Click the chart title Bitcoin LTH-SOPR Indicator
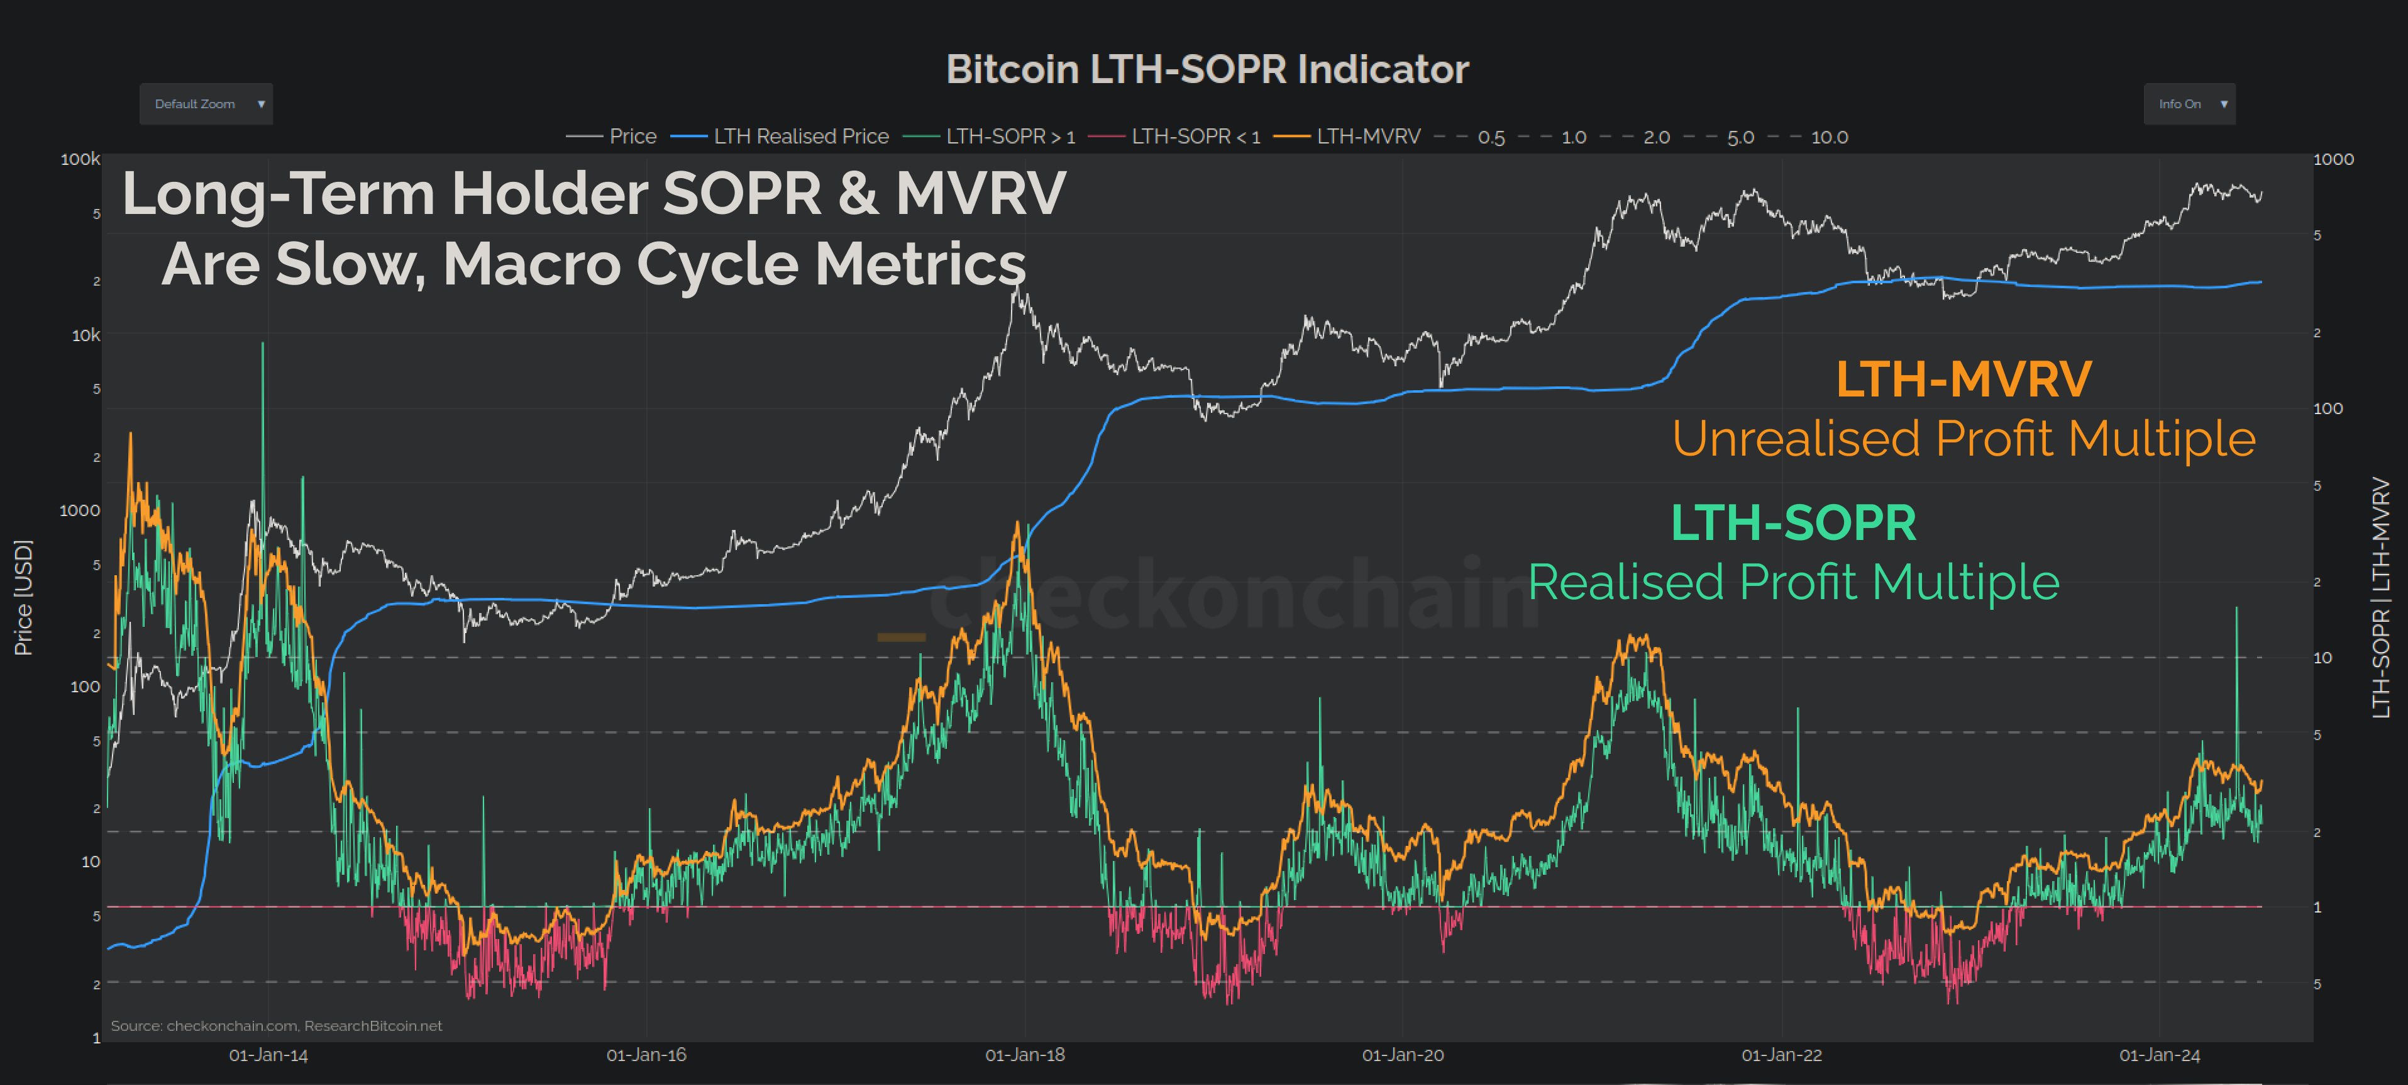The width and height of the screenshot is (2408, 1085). [1207, 69]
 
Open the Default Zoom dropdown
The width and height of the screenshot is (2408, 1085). [206, 104]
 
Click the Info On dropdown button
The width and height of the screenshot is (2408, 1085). [2189, 104]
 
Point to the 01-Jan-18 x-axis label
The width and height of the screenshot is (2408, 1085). [1025, 1055]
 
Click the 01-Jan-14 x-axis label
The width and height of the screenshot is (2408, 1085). [268, 1055]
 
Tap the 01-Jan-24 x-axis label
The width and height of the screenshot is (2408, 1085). [2160, 1055]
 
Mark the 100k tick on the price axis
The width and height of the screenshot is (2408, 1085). [80, 159]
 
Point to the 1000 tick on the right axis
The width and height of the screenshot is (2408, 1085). [2333, 159]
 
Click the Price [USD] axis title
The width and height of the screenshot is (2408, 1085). [23, 598]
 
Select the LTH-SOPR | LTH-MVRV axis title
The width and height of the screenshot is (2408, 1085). [2381, 598]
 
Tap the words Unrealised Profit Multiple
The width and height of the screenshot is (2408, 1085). [1963, 438]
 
